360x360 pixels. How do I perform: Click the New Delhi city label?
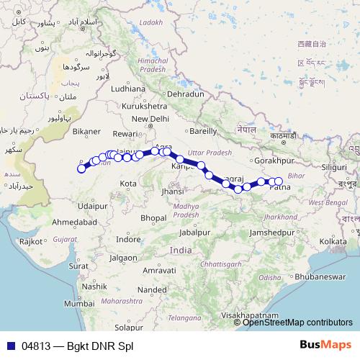click(150, 119)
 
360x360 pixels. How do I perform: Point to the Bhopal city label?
click(154, 217)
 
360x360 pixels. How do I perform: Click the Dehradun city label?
click(186, 94)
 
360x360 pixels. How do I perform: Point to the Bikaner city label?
click(88, 132)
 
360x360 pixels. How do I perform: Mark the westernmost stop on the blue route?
click(82, 169)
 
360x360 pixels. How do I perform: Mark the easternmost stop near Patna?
click(279, 181)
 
